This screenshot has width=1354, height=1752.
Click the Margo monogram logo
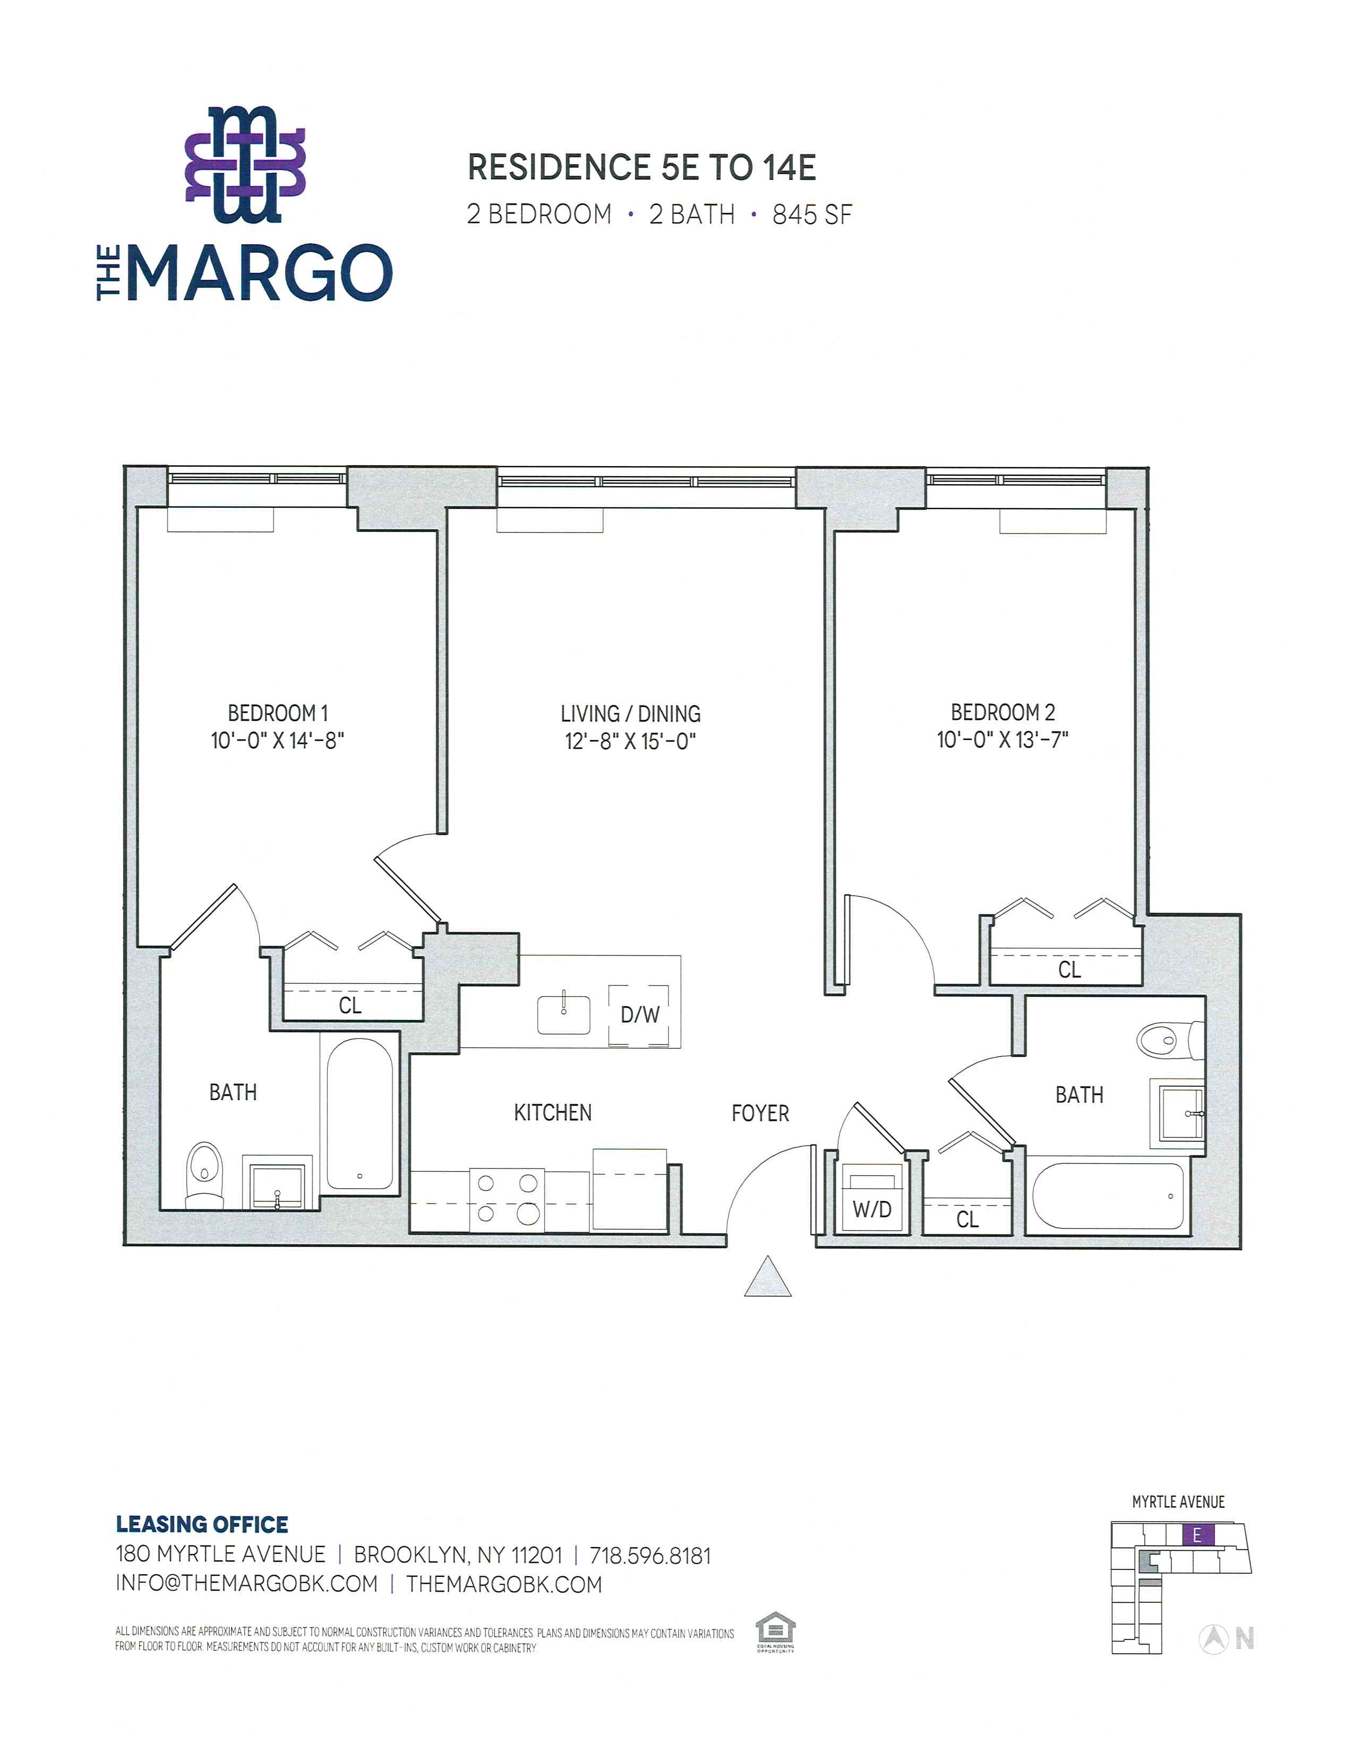tap(245, 165)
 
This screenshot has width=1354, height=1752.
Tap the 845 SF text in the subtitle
tap(812, 215)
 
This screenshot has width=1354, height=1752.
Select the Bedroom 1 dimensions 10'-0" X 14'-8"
tap(278, 740)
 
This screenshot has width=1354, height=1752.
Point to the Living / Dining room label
tap(630, 713)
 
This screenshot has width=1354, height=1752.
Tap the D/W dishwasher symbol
tap(639, 1015)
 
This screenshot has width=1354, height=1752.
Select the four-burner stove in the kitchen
tap(507, 1199)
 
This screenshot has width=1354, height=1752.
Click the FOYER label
tap(760, 1113)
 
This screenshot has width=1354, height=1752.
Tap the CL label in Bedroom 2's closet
tap(1069, 970)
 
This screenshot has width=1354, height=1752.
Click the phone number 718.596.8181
tap(650, 1556)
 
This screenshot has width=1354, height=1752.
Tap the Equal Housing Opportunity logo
tap(775, 1633)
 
